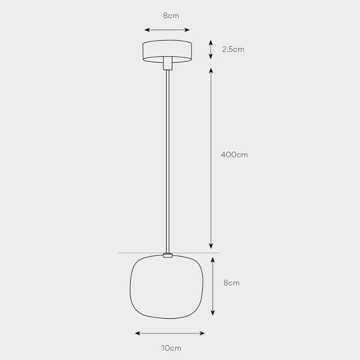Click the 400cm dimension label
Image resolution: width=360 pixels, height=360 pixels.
[x=234, y=155]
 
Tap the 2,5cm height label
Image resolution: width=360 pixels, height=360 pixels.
[x=233, y=49]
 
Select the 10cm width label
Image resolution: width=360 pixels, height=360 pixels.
[x=171, y=348]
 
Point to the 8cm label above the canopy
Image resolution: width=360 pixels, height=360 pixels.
[x=171, y=16]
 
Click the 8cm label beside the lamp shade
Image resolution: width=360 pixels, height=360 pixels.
[x=231, y=283]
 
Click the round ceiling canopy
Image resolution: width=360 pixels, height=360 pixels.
[x=167, y=50]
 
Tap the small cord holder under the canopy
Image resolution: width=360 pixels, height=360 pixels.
[x=167, y=63]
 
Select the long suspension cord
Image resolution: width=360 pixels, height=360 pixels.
[x=167, y=157]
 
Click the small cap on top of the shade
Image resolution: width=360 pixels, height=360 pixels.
[x=167, y=256]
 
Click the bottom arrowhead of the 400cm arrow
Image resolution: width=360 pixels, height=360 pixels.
[x=211, y=246]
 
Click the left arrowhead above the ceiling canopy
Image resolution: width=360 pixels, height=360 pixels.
[x=146, y=30]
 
